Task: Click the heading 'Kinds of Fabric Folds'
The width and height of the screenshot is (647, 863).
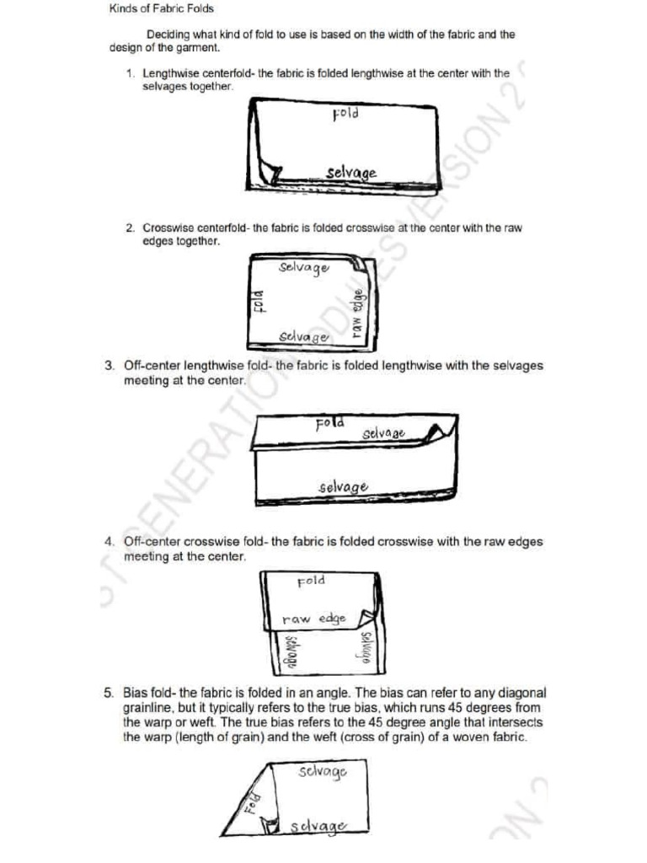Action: tap(162, 9)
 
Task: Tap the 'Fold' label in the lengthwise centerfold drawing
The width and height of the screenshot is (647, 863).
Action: tap(346, 112)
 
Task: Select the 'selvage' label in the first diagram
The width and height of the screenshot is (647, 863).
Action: tap(351, 173)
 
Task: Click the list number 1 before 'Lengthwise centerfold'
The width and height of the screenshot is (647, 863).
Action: tap(131, 74)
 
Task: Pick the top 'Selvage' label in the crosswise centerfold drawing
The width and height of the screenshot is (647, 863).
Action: tap(303, 267)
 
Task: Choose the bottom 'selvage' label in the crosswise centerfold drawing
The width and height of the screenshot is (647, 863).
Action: tap(304, 336)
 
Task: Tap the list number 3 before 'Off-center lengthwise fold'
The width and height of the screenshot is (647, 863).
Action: tap(110, 366)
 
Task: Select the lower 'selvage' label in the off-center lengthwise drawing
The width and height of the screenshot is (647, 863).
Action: tap(343, 486)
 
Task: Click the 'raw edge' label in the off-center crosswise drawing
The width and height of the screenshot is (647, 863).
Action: tap(313, 619)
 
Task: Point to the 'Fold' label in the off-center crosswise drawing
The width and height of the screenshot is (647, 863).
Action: tap(311, 581)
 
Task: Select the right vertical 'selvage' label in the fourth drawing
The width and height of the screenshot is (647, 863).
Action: tap(366, 651)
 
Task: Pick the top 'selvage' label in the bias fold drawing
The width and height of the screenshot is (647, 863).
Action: tap(321, 771)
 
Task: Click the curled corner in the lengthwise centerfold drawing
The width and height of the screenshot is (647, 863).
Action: tap(270, 172)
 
